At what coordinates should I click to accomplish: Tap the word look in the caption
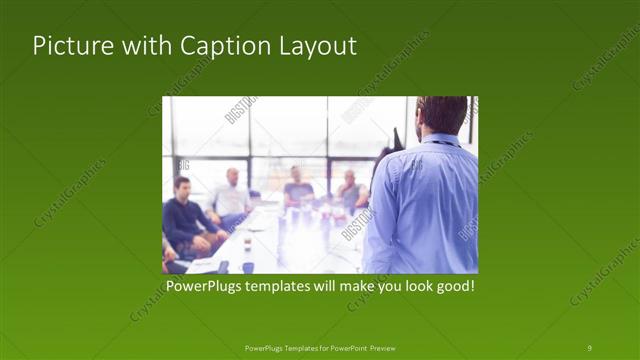pos(409,287)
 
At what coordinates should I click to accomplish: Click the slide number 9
pos(590,348)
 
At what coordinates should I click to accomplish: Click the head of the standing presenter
pos(441,114)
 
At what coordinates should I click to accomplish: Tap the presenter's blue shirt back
pos(425,210)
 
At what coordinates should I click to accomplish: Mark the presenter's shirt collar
pos(436,139)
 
